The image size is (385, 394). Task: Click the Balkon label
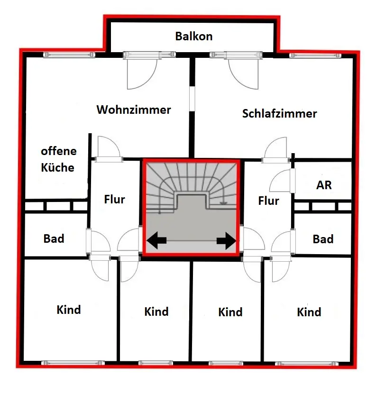(x=193, y=36)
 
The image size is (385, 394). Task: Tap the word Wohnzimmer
(x=134, y=110)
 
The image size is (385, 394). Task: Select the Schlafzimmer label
(x=279, y=114)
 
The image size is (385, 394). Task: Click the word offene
(x=59, y=152)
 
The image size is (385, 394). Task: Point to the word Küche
(x=57, y=167)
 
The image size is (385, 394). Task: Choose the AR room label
(x=324, y=185)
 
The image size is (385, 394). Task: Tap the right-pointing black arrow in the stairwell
(x=226, y=241)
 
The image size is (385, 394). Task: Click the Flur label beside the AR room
(x=269, y=201)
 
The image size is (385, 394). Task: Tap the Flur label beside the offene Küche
(x=114, y=199)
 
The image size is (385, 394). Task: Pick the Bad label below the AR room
(x=323, y=239)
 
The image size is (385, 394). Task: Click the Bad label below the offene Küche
(x=54, y=238)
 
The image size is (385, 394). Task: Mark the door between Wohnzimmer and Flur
(x=107, y=149)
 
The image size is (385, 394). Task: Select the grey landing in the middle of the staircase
(x=192, y=223)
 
